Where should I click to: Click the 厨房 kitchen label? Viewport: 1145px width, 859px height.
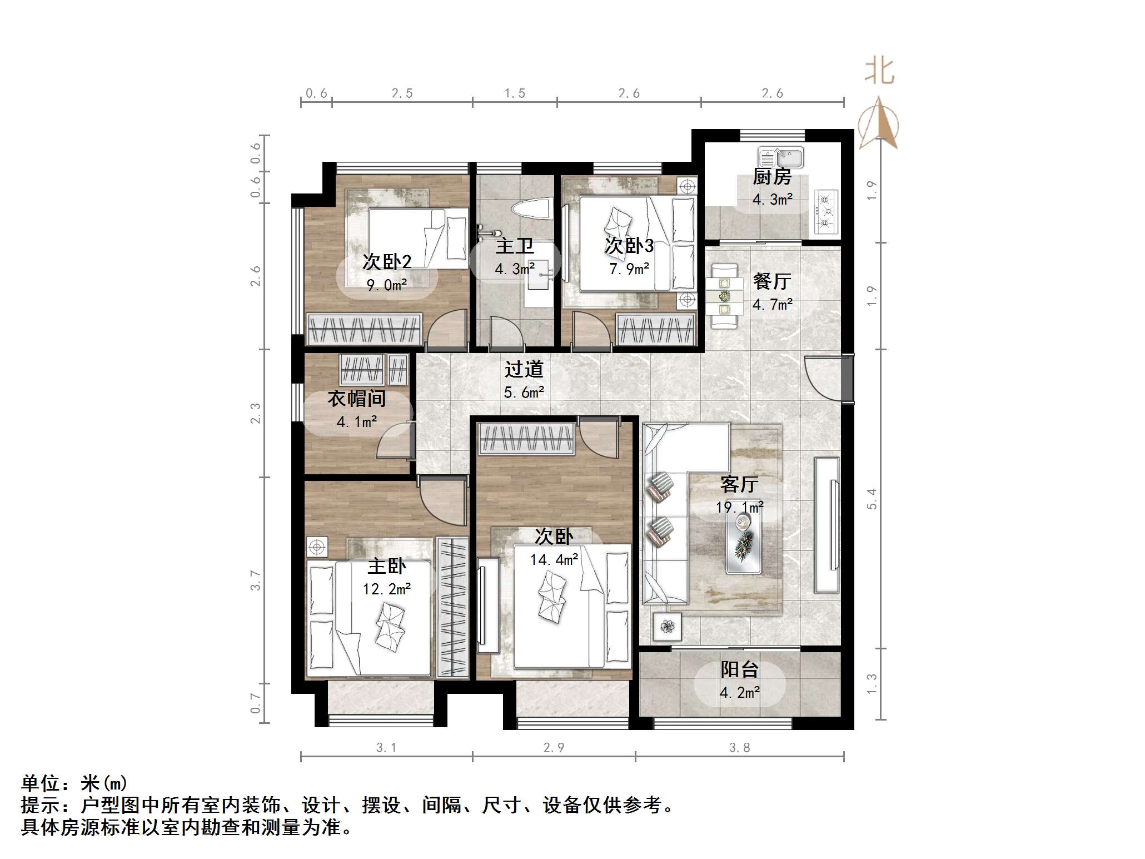click(x=771, y=177)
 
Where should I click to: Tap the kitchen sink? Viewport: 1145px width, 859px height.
click(x=780, y=158)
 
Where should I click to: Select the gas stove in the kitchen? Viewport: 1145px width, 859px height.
click(x=826, y=211)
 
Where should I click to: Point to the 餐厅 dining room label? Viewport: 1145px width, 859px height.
click(x=771, y=281)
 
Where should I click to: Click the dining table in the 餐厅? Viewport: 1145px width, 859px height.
click(x=724, y=296)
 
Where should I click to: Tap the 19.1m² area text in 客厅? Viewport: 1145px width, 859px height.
click(x=739, y=507)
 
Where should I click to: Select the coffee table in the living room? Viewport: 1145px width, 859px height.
click(x=744, y=543)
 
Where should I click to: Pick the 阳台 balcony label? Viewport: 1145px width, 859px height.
click(x=739, y=669)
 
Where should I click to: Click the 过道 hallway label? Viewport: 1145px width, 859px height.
click(x=524, y=369)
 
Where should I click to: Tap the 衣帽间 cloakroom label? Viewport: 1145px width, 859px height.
click(x=356, y=398)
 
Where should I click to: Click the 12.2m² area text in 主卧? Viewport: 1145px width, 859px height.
click(x=387, y=589)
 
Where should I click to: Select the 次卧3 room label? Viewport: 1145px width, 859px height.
click(x=629, y=246)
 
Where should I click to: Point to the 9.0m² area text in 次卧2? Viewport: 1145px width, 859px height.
click(x=387, y=285)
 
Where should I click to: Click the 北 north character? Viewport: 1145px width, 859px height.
click(x=879, y=72)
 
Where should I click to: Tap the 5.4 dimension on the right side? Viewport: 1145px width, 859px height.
click(x=872, y=498)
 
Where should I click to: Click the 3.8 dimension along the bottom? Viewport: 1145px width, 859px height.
click(x=739, y=748)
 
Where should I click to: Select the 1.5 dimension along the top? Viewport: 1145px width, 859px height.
click(x=515, y=93)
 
